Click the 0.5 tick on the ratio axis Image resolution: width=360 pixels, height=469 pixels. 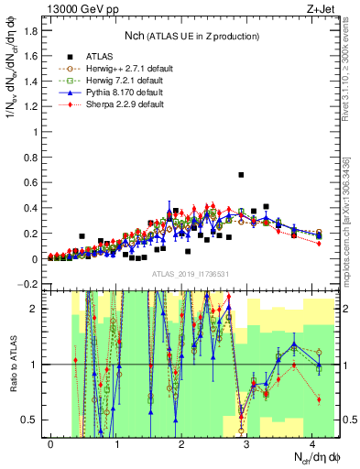[x=34, y=420]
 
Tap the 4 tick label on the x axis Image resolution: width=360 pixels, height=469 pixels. [x=313, y=443]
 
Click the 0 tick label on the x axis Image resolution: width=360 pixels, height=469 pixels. [x=50, y=443]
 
